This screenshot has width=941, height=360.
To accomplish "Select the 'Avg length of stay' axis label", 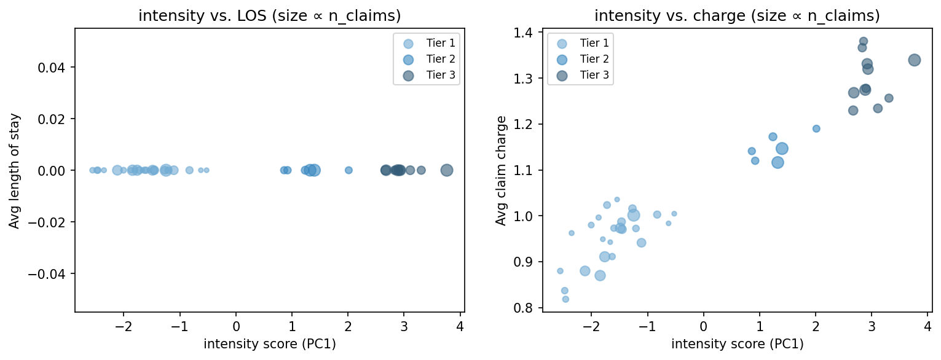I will (x=14, y=170).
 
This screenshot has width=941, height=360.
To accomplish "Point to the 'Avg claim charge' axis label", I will (x=501, y=170).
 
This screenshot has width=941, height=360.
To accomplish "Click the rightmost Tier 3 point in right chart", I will (x=914, y=60).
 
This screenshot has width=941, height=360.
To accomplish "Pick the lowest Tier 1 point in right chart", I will (x=565, y=299).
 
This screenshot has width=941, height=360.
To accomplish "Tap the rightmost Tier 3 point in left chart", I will (x=447, y=170).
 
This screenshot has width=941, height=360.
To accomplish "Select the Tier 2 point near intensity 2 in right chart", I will (x=816, y=128).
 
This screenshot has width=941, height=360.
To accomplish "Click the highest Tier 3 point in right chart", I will (x=863, y=41).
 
